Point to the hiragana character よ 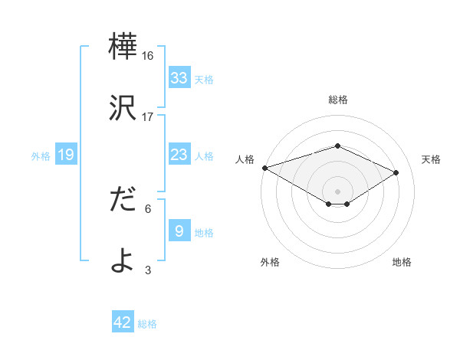(x=123, y=260)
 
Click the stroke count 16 (x=148, y=56)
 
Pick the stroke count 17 (x=148, y=117)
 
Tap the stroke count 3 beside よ (x=148, y=270)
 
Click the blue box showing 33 (x=179, y=78)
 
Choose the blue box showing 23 (x=179, y=155)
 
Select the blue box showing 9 (x=179, y=231)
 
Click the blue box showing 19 (x=66, y=155)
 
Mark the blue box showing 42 (x=123, y=322)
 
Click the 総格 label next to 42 (x=147, y=324)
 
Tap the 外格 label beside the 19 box (x=41, y=156)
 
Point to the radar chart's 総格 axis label (x=338, y=100)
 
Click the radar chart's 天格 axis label (x=431, y=159)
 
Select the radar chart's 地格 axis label (x=402, y=263)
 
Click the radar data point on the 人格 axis (x=264, y=168)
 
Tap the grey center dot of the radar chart (x=338, y=191)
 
